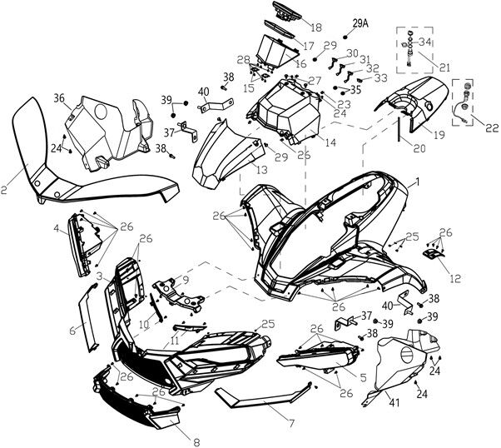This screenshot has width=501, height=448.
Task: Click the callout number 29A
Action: [x=360, y=23]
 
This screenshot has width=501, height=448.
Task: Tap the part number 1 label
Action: [x=416, y=182]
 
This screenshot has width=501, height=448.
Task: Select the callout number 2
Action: [x=4, y=190]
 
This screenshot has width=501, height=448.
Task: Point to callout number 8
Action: [x=196, y=442]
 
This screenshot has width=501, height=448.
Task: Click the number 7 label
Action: [x=291, y=423]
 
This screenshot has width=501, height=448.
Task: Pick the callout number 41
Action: [x=394, y=402]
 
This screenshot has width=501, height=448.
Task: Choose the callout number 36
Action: [x=59, y=98]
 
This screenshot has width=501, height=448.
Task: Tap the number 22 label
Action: [x=493, y=128]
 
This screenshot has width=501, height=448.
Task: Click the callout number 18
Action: [x=316, y=27]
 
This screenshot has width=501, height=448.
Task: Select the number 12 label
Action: [x=455, y=278]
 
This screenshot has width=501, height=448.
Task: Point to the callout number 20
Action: [x=419, y=148]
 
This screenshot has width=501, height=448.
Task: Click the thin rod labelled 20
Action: [x=399, y=130]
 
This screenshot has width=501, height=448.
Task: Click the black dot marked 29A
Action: [x=345, y=37]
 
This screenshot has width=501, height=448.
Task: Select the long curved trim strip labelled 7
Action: [x=264, y=396]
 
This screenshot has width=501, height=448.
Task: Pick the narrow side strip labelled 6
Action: [x=88, y=317]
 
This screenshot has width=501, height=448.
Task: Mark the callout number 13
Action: [x=262, y=170]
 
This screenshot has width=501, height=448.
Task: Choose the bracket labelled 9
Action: [x=178, y=295]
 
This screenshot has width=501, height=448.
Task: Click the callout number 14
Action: [x=330, y=142]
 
